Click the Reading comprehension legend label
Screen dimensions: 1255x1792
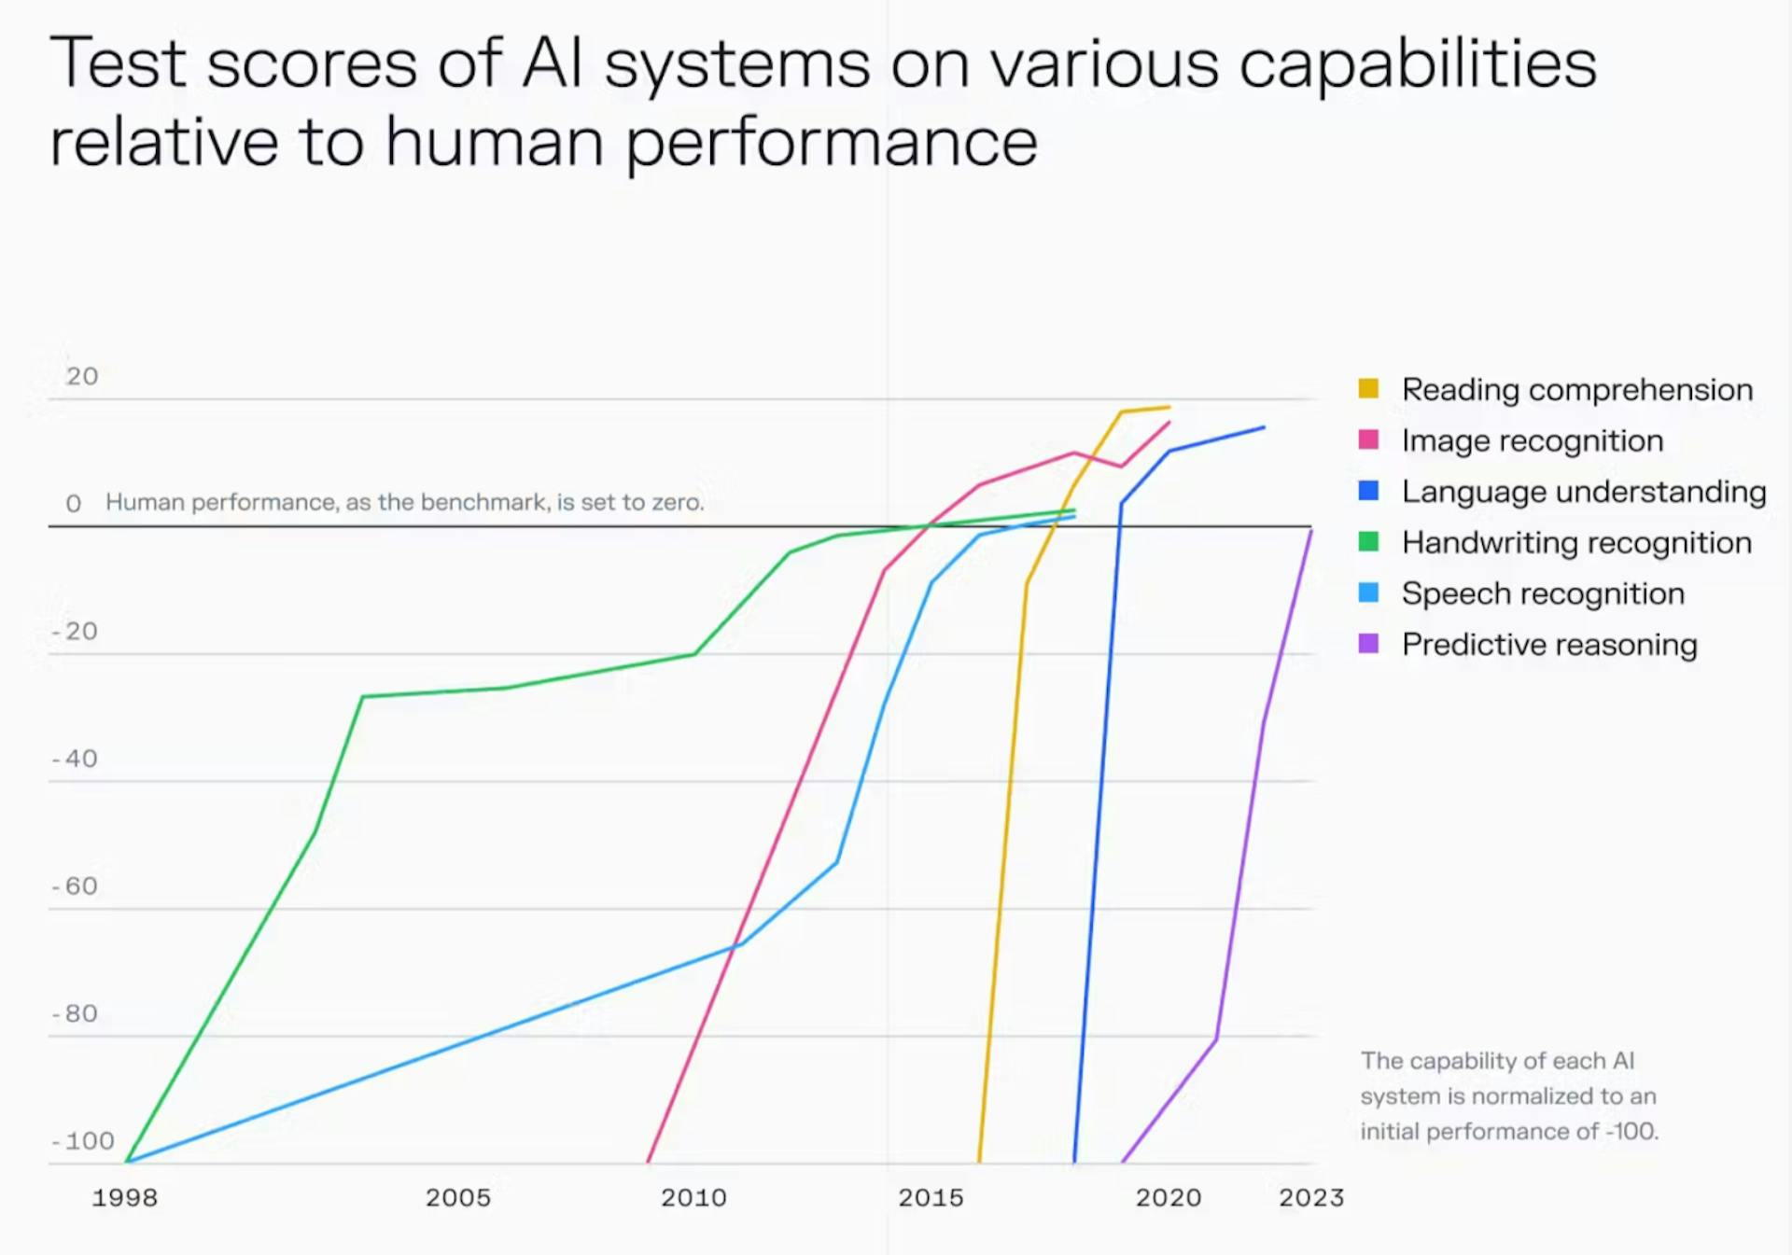(x=1577, y=389)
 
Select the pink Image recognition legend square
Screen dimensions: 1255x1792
(x=1368, y=439)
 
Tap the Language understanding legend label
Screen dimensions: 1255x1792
(x=1584, y=492)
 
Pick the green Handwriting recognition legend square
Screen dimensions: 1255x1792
(x=1368, y=541)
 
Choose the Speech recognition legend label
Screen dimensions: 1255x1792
(x=1543, y=593)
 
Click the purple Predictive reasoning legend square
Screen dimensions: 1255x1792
(x=1368, y=643)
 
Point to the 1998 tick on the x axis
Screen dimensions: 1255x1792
(x=125, y=1197)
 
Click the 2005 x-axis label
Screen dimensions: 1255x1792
(x=458, y=1197)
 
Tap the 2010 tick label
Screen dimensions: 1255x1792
(x=693, y=1197)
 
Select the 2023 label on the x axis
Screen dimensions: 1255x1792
(x=1311, y=1197)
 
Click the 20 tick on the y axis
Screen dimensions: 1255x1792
(x=82, y=376)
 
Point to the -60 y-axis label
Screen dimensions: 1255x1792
(x=75, y=885)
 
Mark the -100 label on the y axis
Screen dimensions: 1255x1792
(x=83, y=1140)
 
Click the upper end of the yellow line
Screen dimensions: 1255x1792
(x=1169, y=407)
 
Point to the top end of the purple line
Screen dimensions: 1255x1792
(x=1311, y=530)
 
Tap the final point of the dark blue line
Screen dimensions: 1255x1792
(x=1265, y=427)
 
